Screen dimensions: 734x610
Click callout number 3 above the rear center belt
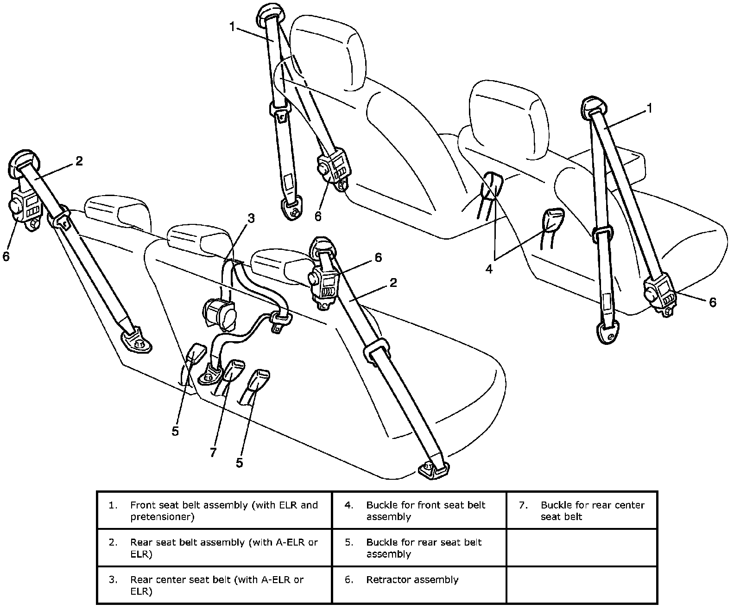[251, 218]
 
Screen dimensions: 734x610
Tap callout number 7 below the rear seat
[213, 452]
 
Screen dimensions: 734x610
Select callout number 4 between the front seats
[489, 269]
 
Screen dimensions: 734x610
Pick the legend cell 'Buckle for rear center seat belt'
[582, 511]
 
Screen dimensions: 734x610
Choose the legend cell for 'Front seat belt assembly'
[214, 511]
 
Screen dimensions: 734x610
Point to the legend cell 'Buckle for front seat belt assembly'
[419, 511]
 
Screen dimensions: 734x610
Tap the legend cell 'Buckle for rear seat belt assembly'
[419, 548]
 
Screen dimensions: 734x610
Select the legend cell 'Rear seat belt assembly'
[214, 548]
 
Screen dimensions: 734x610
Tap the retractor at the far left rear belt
[25, 211]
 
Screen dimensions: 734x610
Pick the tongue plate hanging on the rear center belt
[280, 322]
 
